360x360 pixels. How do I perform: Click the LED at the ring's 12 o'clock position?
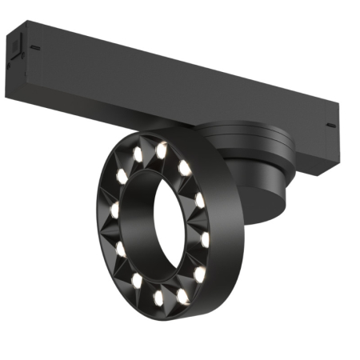coord(162,148)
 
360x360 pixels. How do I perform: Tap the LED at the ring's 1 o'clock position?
coord(185,167)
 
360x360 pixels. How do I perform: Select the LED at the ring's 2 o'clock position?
coord(200,198)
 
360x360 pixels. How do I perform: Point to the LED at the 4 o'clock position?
coord(199,274)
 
